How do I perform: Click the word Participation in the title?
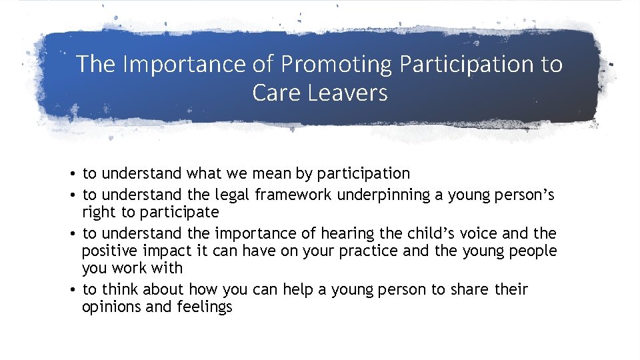[x=469, y=65]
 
